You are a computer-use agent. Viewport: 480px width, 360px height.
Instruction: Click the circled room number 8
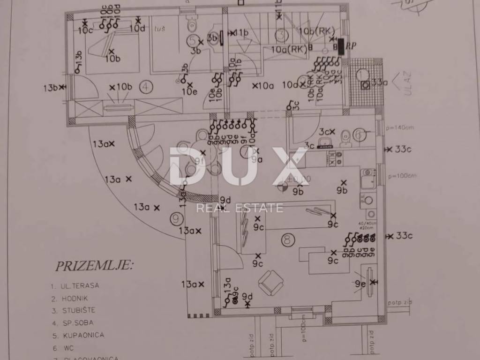click(x=288, y=240)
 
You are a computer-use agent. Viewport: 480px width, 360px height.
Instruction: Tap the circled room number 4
click(x=147, y=86)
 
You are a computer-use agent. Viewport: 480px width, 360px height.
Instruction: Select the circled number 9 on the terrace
click(x=175, y=217)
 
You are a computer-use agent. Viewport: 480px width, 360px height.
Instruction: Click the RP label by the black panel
click(x=352, y=45)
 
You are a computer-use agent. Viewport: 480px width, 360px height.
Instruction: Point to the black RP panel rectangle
click(x=341, y=45)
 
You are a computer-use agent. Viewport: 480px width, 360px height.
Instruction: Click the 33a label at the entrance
click(x=379, y=83)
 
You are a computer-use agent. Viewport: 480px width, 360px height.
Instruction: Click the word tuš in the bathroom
click(x=159, y=29)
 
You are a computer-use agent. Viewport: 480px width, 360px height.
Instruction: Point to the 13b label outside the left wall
click(x=50, y=88)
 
